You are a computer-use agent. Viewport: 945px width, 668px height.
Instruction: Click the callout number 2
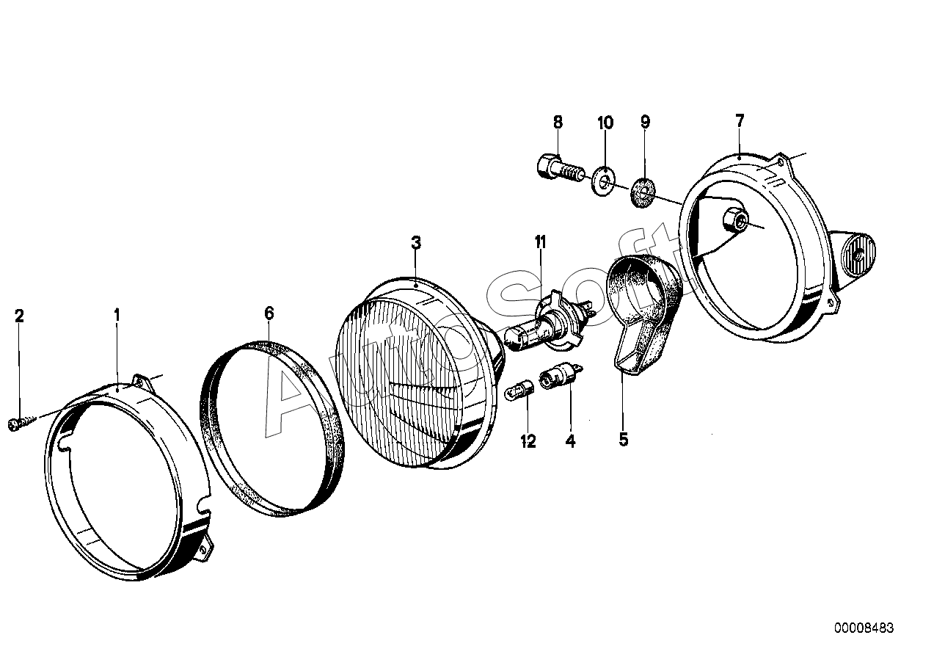20,316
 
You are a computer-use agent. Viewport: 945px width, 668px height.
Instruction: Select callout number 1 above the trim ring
117,316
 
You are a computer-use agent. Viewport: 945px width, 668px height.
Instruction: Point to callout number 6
269,313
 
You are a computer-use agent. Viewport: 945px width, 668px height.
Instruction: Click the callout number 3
416,243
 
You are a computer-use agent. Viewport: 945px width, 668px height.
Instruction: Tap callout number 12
528,441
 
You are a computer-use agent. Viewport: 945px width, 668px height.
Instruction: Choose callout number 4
570,441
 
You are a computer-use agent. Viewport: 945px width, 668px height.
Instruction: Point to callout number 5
624,440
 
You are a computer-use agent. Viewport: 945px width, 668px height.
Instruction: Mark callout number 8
558,122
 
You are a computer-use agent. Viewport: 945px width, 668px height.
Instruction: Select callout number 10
605,122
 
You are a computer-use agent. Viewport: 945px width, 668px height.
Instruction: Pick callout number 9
645,122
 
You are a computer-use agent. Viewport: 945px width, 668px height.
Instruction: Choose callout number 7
739,120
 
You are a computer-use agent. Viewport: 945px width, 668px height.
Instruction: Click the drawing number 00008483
864,628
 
